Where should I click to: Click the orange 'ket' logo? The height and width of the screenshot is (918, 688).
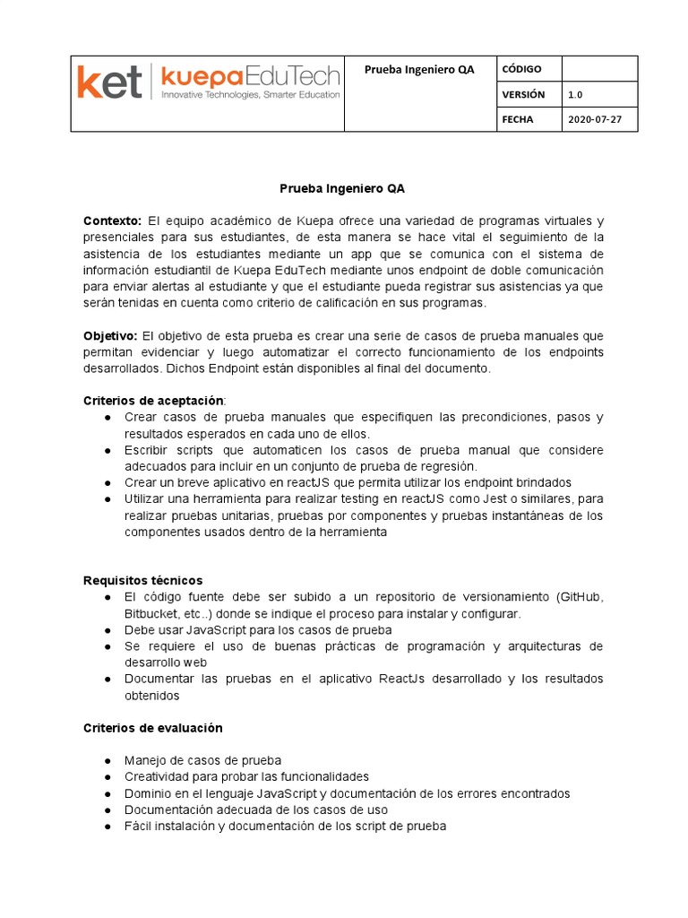pyautogui.click(x=108, y=82)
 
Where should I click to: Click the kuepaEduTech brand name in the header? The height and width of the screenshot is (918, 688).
pyautogui.click(x=249, y=77)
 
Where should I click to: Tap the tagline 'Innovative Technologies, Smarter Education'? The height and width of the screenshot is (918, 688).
pyautogui.click(x=249, y=95)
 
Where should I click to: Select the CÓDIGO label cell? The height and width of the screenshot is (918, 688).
pyautogui.click(x=522, y=69)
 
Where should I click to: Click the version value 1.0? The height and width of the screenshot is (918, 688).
pyautogui.click(x=576, y=94)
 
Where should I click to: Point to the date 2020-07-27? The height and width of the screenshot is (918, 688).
pyautogui.click(x=594, y=119)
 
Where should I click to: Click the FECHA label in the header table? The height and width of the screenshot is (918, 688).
pyautogui.click(x=518, y=119)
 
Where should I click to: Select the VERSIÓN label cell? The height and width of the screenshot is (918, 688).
pyautogui.click(x=523, y=94)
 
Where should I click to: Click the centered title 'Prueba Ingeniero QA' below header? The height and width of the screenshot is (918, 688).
pyautogui.click(x=343, y=189)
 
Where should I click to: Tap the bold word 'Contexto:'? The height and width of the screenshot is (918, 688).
pyautogui.click(x=112, y=221)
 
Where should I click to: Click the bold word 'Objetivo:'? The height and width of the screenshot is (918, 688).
pyautogui.click(x=111, y=335)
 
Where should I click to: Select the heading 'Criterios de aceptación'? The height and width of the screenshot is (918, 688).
pyautogui.click(x=153, y=401)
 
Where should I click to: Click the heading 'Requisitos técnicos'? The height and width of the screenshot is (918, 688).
pyautogui.click(x=143, y=580)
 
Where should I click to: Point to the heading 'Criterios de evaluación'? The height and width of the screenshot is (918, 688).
pyautogui.click(x=152, y=728)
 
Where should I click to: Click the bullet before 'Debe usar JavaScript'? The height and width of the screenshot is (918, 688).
pyautogui.click(x=107, y=630)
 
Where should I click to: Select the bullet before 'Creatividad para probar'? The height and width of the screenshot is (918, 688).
pyautogui.click(x=107, y=777)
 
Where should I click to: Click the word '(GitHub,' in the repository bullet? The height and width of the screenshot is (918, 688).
pyautogui.click(x=580, y=597)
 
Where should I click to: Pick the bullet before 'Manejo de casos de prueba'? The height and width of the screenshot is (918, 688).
pyautogui.click(x=107, y=761)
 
